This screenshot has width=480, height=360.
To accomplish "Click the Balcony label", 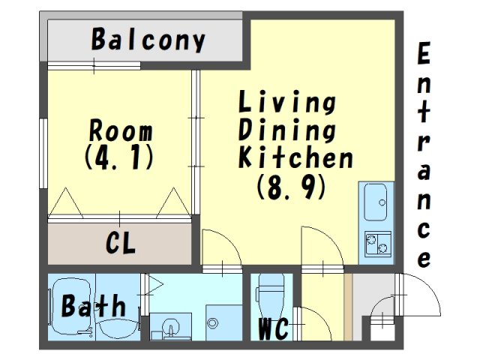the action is point(148,40).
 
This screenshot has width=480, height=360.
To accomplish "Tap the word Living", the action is point(287,102).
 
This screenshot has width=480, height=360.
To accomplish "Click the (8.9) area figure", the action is point(291,187).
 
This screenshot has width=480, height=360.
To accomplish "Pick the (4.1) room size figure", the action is point(118,157).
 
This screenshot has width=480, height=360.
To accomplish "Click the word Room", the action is point(121,130).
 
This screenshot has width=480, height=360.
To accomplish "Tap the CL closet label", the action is point(120,243).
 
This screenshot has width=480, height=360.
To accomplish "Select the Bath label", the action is point(94,305).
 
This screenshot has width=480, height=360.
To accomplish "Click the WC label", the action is point(273,329).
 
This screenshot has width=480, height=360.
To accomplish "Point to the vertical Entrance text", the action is point(424,155).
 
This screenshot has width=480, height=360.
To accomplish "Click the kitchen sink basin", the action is point(375,202).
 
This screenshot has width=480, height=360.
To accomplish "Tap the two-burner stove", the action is point(378,243).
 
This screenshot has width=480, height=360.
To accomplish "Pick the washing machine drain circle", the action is point(212,322).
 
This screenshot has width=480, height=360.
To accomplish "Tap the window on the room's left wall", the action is point(43,153).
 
